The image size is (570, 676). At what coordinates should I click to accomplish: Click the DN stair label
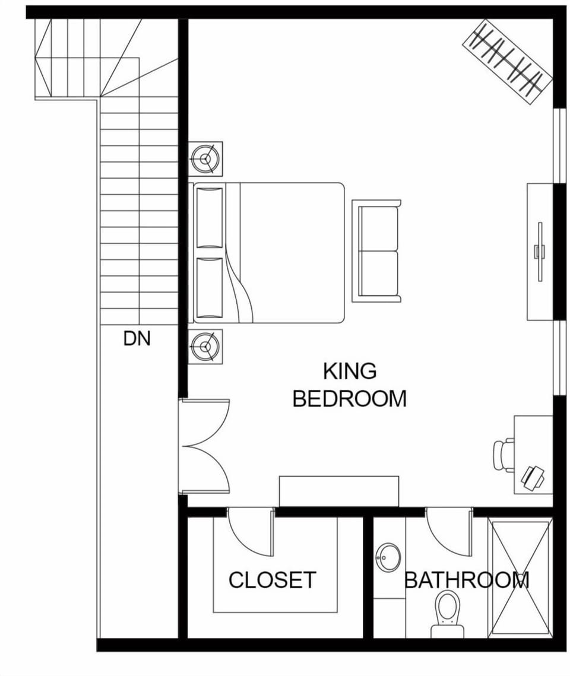[137, 339]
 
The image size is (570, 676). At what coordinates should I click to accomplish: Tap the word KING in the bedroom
[350, 372]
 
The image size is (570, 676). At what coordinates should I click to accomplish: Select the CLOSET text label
[272, 580]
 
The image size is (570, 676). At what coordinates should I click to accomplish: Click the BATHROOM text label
[467, 580]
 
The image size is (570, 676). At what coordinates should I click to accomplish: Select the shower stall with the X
[520, 577]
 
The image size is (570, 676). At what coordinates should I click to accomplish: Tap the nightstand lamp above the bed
[205, 159]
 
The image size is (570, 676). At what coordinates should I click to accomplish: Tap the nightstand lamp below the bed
[205, 346]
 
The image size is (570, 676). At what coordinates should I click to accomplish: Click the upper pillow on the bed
[209, 217]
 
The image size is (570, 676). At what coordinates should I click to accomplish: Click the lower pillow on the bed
[209, 288]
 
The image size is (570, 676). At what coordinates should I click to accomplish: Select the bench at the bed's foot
[376, 251]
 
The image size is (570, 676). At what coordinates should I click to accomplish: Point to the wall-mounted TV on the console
[539, 252]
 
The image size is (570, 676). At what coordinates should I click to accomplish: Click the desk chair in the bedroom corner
[503, 455]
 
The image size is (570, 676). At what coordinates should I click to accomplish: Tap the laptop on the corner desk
[533, 477]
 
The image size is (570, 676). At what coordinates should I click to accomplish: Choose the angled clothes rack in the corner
[508, 62]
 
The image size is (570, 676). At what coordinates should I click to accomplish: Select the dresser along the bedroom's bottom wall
[339, 491]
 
